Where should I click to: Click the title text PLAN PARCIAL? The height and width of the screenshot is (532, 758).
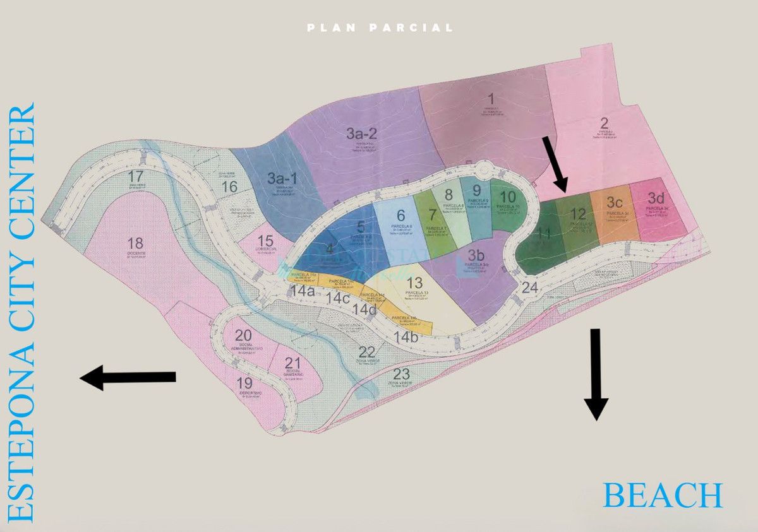click(380, 28)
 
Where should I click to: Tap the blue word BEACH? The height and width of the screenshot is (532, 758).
click(662, 495)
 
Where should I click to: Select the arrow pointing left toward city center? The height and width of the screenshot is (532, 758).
click(128, 377)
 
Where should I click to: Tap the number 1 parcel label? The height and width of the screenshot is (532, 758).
click(491, 98)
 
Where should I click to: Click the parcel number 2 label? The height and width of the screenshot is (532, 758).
click(604, 123)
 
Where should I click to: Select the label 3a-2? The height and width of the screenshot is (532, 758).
click(362, 133)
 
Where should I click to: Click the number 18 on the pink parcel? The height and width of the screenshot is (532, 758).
click(135, 243)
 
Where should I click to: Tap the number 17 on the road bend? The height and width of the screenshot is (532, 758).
click(135, 176)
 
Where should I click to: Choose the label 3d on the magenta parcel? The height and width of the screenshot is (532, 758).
click(656, 198)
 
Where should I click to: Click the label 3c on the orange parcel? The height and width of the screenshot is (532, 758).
click(615, 203)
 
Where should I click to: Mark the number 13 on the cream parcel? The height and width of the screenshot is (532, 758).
click(415, 283)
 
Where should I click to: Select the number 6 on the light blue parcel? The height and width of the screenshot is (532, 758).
click(400, 216)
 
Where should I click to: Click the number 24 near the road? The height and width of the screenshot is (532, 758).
click(529, 288)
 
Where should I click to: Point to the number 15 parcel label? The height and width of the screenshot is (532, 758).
click(265, 240)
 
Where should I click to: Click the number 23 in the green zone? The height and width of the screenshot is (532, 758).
click(400, 372)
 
